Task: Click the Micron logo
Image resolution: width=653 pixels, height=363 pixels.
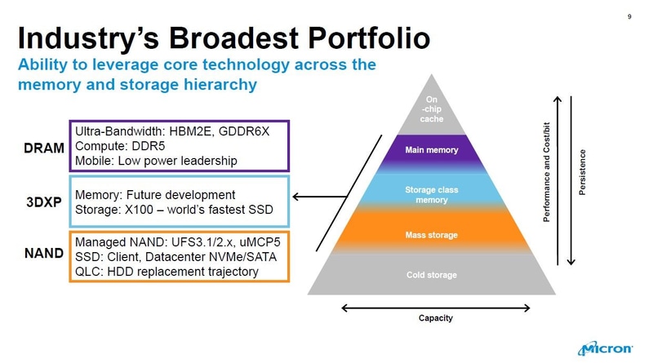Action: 605,349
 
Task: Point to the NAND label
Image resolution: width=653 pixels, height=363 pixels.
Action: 42,253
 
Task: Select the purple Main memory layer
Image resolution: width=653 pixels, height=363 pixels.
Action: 432,150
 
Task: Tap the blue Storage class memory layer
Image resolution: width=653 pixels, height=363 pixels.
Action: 432,195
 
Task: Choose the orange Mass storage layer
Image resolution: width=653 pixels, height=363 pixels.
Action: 432,235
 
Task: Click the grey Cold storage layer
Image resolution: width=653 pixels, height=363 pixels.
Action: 432,275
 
